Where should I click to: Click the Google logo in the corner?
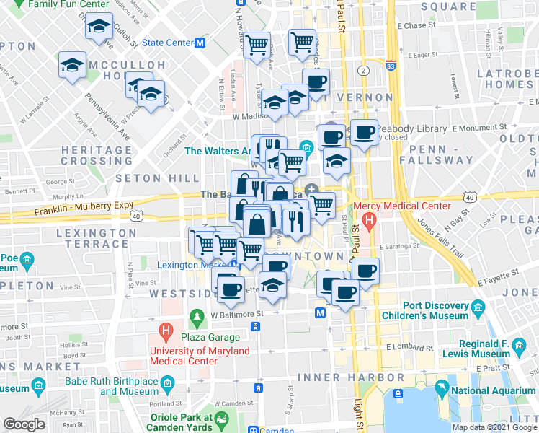click(x=24, y=424)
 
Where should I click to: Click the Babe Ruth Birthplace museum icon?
click(x=166, y=382)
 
